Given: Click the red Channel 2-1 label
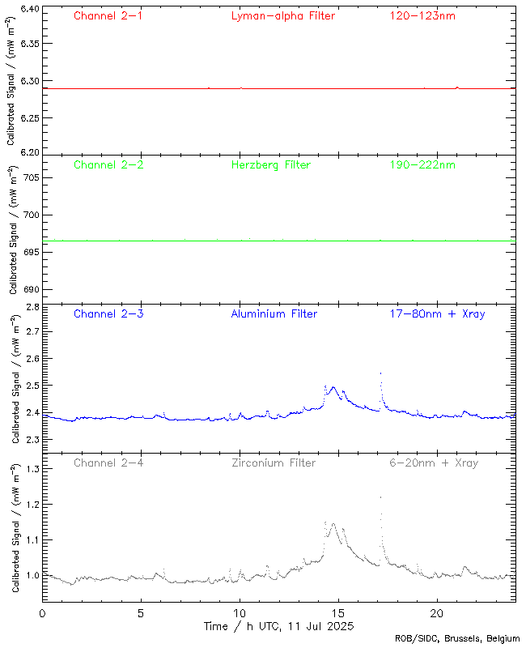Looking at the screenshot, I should click(x=108, y=15).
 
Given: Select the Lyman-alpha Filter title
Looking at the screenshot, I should click(x=282, y=15).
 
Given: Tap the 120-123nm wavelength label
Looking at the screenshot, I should click(x=422, y=15).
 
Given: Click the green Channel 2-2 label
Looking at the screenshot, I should click(x=108, y=164).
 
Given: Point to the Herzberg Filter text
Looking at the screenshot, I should click(x=270, y=164).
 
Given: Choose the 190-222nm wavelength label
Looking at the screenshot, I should click(x=422, y=164).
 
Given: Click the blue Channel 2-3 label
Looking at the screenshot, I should click(x=108, y=313).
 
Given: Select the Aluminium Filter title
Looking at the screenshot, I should click(x=274, y=313).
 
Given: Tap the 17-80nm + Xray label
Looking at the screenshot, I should click(x=437, y=313).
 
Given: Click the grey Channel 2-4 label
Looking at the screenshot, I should click(x=108, y=463).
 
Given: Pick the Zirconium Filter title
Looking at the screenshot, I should click(x=274, y=463).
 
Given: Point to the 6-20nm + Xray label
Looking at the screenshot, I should click(x=434, y=463).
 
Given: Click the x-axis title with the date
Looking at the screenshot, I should click(x=279, y=626).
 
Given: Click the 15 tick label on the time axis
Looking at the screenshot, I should click(x=338, y=613).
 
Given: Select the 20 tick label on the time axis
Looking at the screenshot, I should click(x=437, y=613).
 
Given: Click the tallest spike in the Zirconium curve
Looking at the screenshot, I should click(x=380, y=497).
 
